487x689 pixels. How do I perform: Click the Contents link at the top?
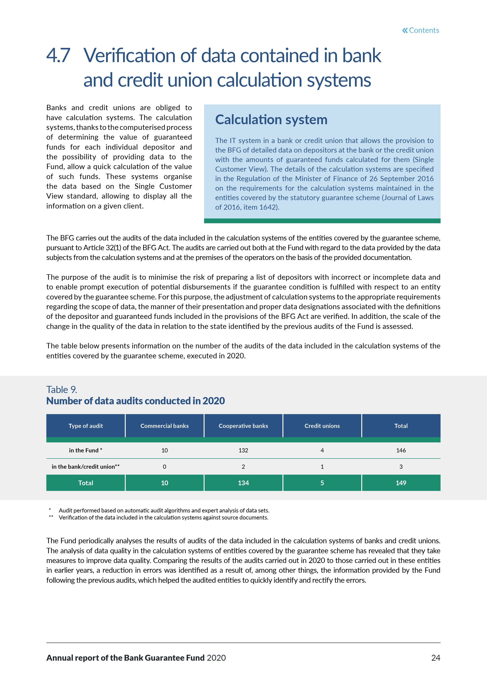pos(420,30)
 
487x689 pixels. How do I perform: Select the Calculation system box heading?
pos(271,119)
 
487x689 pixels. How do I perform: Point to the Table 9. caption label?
pos(61,390)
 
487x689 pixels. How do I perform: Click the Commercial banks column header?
pos(164,426)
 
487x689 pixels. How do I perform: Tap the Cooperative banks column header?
pos(243,426)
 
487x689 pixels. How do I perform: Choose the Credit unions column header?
pos(322,426)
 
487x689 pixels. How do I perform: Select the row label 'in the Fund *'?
pos(85,450)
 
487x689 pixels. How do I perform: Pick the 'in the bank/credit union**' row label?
pos(85,467)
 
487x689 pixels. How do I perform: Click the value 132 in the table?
pos(243,450)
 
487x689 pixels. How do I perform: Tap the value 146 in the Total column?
pos(401,450)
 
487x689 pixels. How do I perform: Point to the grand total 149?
pos(401,483)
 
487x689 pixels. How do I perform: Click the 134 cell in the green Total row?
pos(243,483)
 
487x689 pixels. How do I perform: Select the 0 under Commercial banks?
pos(164,467)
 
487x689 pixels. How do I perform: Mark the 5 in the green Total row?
pos(322,483)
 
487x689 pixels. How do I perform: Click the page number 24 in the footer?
pos(435,658)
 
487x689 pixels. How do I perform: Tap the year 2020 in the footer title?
pos(216,658)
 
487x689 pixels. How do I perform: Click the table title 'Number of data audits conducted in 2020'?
pos(135,401)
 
